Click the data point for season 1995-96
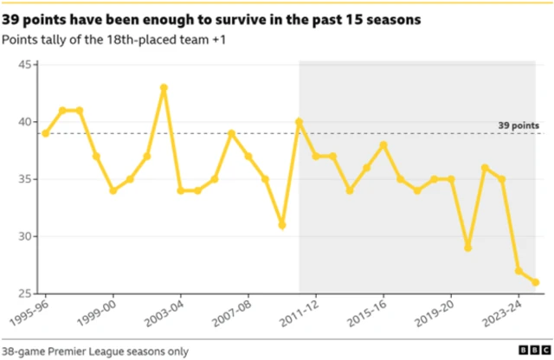coord(45,133)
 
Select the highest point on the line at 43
coord(164,87)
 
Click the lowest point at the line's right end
coord(535,282)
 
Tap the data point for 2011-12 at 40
coord(300,122)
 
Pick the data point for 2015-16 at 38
coord(383,145)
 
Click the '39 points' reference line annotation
coord(517,125)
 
